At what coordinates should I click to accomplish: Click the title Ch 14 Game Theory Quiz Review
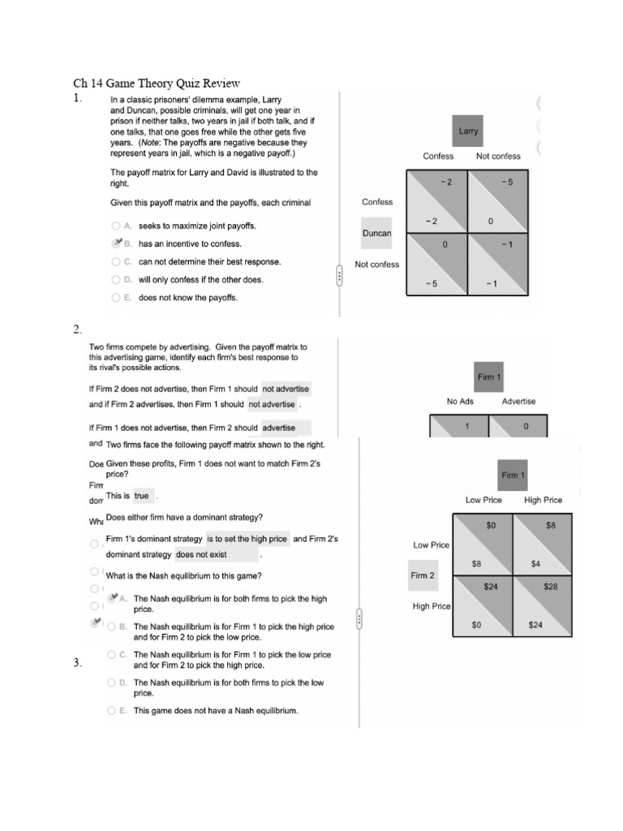157,83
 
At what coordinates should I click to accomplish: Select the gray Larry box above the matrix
468,131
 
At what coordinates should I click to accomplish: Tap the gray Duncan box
376,233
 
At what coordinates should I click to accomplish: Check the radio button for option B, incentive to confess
117,243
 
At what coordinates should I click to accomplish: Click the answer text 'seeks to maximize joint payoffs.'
197,226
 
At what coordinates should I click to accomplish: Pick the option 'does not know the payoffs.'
187,297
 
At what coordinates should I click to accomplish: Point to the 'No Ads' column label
460,401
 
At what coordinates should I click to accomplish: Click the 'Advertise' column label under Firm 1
518,401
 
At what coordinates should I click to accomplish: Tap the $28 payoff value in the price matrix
551,586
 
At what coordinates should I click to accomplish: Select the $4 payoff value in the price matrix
536,562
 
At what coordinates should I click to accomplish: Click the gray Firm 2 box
422,575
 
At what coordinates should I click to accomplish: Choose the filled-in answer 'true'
142,496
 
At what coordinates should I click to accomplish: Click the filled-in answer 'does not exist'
201,555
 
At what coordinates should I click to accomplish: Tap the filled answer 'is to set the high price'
247,538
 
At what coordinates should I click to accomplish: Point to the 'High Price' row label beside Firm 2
432,606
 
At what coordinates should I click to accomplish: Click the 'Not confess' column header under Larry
498,156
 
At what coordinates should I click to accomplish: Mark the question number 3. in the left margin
77,663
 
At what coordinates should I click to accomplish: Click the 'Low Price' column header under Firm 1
483,500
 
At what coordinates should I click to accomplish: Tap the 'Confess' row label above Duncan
376,202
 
